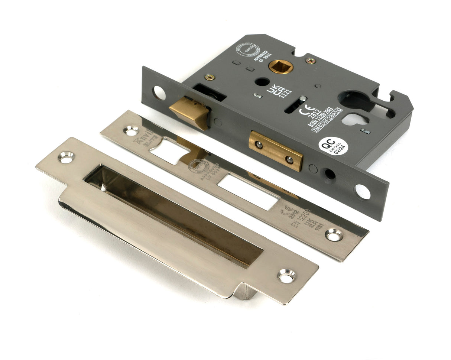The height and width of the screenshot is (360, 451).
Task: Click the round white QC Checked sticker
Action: coord(333,146)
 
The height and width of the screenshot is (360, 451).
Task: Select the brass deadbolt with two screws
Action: coord(275,150)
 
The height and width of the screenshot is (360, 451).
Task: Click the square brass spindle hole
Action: coord(280,67)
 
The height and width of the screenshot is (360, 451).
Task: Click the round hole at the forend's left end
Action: coord(159,93)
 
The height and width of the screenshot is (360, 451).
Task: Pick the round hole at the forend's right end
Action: coord(362,191)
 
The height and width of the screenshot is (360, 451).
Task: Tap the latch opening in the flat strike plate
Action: coord(169,150)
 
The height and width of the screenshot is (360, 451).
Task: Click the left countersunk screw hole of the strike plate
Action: coord(131,130)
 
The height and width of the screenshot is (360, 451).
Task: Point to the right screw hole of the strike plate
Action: coord(333,235)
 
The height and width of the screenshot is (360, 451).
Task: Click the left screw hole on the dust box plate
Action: coord(66,157)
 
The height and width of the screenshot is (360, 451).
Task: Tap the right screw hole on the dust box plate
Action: coord(286,276)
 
